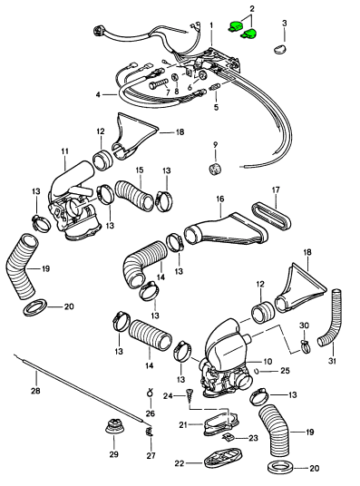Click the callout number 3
point(284,23)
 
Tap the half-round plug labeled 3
point(280,49)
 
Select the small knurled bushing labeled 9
point(215,169)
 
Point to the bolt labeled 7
point(159,83)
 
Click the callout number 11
point(64,152)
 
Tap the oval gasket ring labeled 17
point(272,216)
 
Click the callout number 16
point(219,199)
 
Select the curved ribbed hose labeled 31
point(333,319)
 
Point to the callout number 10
point(268,362)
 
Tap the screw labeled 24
point(188,394)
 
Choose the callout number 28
point(35,391)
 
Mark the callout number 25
point(285,370)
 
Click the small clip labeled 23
point(228,438)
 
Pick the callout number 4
point(98,94)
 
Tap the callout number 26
point(151,413)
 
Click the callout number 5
point(216,107)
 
